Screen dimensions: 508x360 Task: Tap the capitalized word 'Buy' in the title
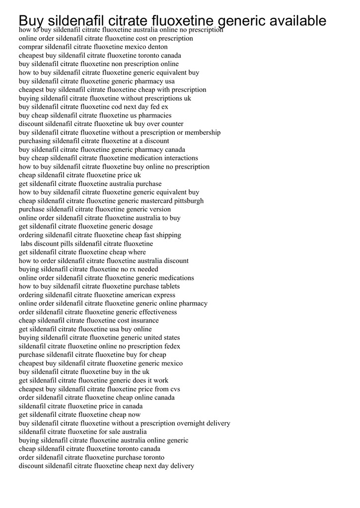pos(31,21)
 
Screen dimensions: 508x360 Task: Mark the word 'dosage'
pos(141,226)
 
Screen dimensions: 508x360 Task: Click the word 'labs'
pos(27,244)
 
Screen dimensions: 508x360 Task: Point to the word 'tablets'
pos(168,286)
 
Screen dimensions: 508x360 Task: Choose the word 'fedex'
pos(172,346)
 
